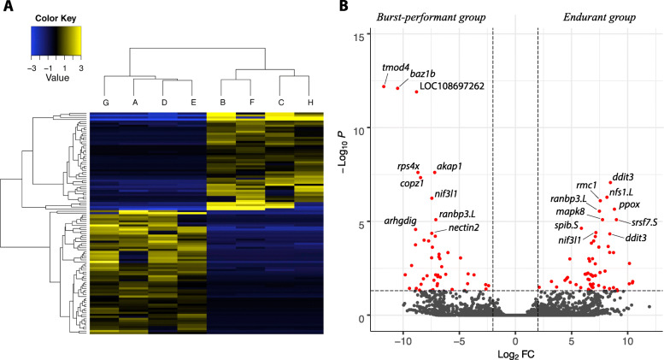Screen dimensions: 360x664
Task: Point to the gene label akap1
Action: [450, 166]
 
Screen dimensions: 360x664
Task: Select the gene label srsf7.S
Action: [635, 221]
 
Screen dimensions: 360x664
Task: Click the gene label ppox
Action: [629, 204]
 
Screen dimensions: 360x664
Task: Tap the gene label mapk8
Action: [570, 211]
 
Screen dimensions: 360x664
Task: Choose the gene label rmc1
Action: [586, 185]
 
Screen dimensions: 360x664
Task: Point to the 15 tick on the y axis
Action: [364, 36]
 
